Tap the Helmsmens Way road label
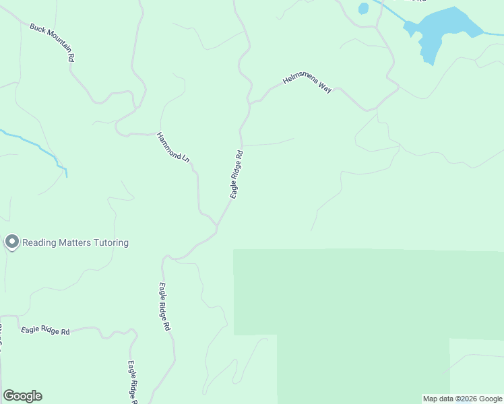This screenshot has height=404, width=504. pyautogui.click(x=307, y=83)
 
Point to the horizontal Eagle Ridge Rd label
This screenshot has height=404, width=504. pyautogui.click(x=45, y=331)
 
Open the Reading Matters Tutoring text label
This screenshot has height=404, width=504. pyautogui.click(x=75, y=242)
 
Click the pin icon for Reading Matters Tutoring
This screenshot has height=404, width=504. pyautogui.click(x=11, y=242)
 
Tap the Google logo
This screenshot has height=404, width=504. pyautogui.click(x=22, y=396)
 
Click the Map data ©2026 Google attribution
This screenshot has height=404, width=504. pyautogui.click(x=462, y=399)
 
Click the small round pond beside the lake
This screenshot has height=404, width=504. pyautogui.click(x=364, y=8)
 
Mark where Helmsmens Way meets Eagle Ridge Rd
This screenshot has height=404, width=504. pyautogui.click(x=250, y=103)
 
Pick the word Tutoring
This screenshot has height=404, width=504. pyautogui.click(x=111, y=242)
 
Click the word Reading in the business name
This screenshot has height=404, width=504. pyautogui.click(x=38, y=242)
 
